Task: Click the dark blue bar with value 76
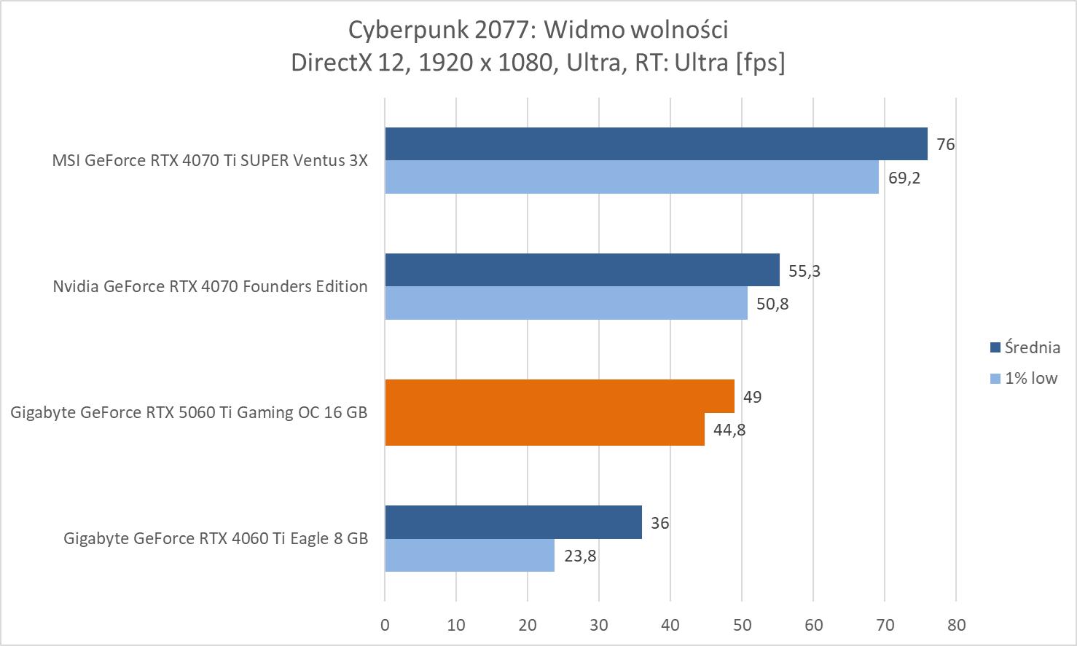(x=656, y=144)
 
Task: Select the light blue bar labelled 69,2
(x=631, y=177)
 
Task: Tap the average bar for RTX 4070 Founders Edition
(x=581, y=270)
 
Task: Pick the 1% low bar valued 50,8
(x=565, y=303)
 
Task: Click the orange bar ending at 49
(x=559, y=396)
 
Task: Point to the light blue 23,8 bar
(x=469, y=555)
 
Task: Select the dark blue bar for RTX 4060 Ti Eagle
(x=513, y=522)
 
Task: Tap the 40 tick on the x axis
(x=670, y=625)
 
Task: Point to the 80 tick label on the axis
(x=956, y=625)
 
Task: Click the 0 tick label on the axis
(x=385, y=625)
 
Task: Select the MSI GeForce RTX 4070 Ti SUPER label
(x=210, y=160)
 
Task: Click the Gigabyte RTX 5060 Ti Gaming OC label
(x=189, y=412)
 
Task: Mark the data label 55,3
(x=804, y=271)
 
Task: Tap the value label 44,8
(x=729, y=430)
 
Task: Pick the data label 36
(x=659, y=523)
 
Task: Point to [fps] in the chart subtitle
(x=760, y=63)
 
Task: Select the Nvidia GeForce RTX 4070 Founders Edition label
(x=210, y=286)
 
